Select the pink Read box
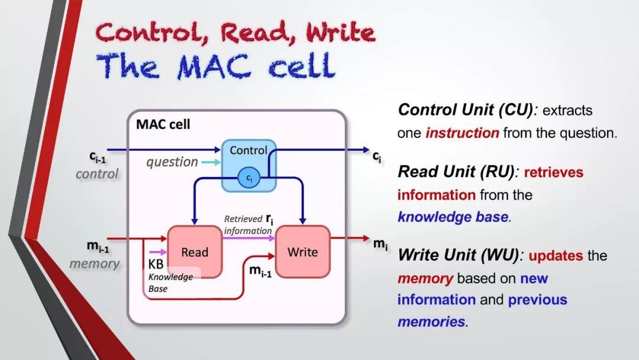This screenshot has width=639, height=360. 195,252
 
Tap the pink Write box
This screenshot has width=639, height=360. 302,252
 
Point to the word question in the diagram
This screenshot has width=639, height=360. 172,162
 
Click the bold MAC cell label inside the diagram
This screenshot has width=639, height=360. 163,124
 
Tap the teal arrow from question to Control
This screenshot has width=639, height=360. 211,162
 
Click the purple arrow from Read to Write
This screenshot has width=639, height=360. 248,238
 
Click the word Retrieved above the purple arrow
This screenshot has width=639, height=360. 243,219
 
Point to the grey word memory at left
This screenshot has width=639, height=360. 95,263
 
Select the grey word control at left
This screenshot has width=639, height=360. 97,174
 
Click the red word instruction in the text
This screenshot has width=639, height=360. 462,133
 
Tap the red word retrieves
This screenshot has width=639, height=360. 553,172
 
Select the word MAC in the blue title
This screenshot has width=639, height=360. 215,66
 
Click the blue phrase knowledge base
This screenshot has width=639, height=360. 453,217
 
